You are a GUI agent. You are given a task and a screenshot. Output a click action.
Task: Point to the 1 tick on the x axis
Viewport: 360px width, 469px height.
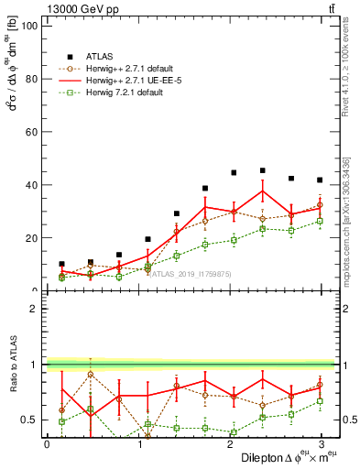137,443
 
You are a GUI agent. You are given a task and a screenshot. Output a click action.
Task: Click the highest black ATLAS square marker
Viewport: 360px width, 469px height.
263,170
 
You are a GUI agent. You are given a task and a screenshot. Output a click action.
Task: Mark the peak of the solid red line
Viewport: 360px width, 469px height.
263,191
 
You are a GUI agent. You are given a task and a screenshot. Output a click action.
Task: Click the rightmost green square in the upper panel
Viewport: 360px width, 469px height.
320,221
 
